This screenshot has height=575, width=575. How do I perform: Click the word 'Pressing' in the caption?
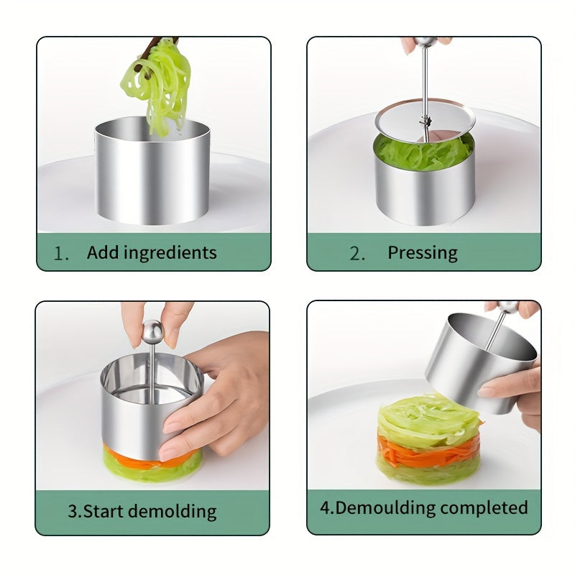click(423, 252)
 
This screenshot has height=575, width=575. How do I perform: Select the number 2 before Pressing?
click(356, 253)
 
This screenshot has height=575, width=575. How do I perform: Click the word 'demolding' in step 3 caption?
click(172, 511)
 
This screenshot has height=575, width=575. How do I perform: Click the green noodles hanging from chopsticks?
click(159, 83)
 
